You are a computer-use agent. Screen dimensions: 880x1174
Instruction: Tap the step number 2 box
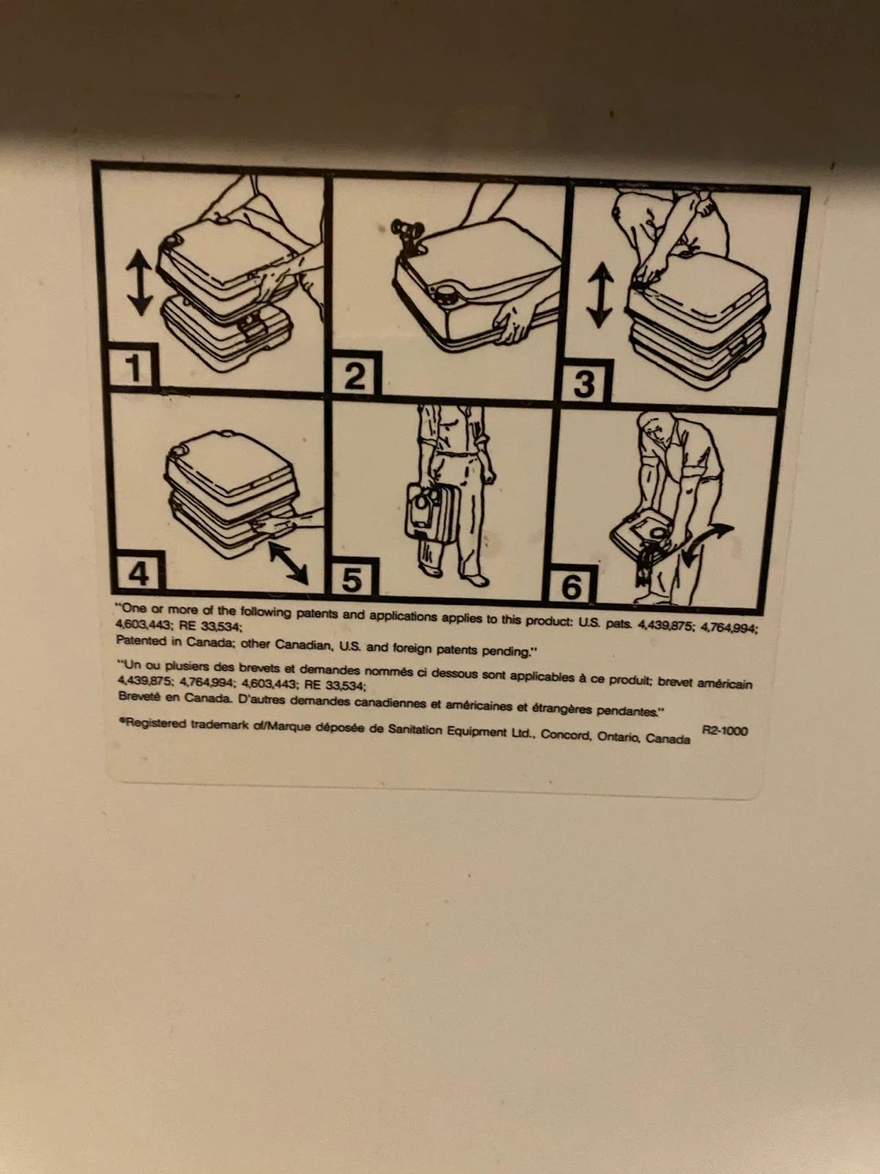click(x=355, y=373)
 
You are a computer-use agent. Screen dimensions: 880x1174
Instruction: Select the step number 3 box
click(x=584, y=382)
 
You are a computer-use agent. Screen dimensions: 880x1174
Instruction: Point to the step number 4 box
click(x=138, y=572)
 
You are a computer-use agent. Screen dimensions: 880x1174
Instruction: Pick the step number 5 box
click(x=354, y=578)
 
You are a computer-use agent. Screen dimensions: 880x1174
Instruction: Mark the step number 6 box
click(x=571, y=585)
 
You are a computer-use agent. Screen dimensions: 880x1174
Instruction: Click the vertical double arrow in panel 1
click(x=139, y=284)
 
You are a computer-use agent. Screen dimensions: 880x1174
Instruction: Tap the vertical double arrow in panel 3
click(x=600, y=295)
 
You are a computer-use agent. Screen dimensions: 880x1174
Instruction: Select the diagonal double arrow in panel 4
click(x=288, y=562)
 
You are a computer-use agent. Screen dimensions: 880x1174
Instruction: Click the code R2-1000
click(x=724, y=731)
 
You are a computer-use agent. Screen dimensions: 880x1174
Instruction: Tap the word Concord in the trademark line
click(x=564, y=735)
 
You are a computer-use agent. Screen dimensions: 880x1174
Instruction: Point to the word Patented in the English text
click(x=141, y=640)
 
